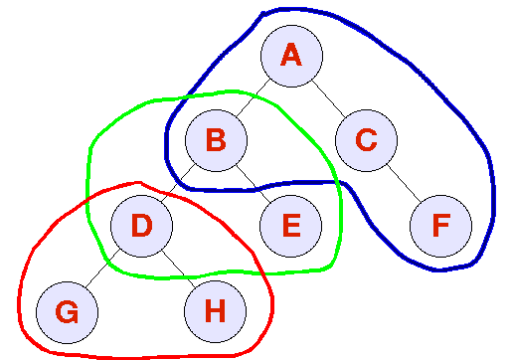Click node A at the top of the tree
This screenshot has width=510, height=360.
point(291,56)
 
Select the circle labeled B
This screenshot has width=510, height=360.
point(216,140)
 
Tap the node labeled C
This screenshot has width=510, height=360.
point(366,140)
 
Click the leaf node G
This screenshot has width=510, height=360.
point(67,311)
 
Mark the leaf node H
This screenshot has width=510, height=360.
point(215,311)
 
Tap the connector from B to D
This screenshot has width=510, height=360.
point(179,183)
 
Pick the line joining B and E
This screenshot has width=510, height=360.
point(254,183)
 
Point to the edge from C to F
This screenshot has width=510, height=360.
point(403,183)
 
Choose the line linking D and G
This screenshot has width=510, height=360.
point(103,269)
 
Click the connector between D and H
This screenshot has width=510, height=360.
point(178,269)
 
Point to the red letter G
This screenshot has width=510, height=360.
point(67,311)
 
